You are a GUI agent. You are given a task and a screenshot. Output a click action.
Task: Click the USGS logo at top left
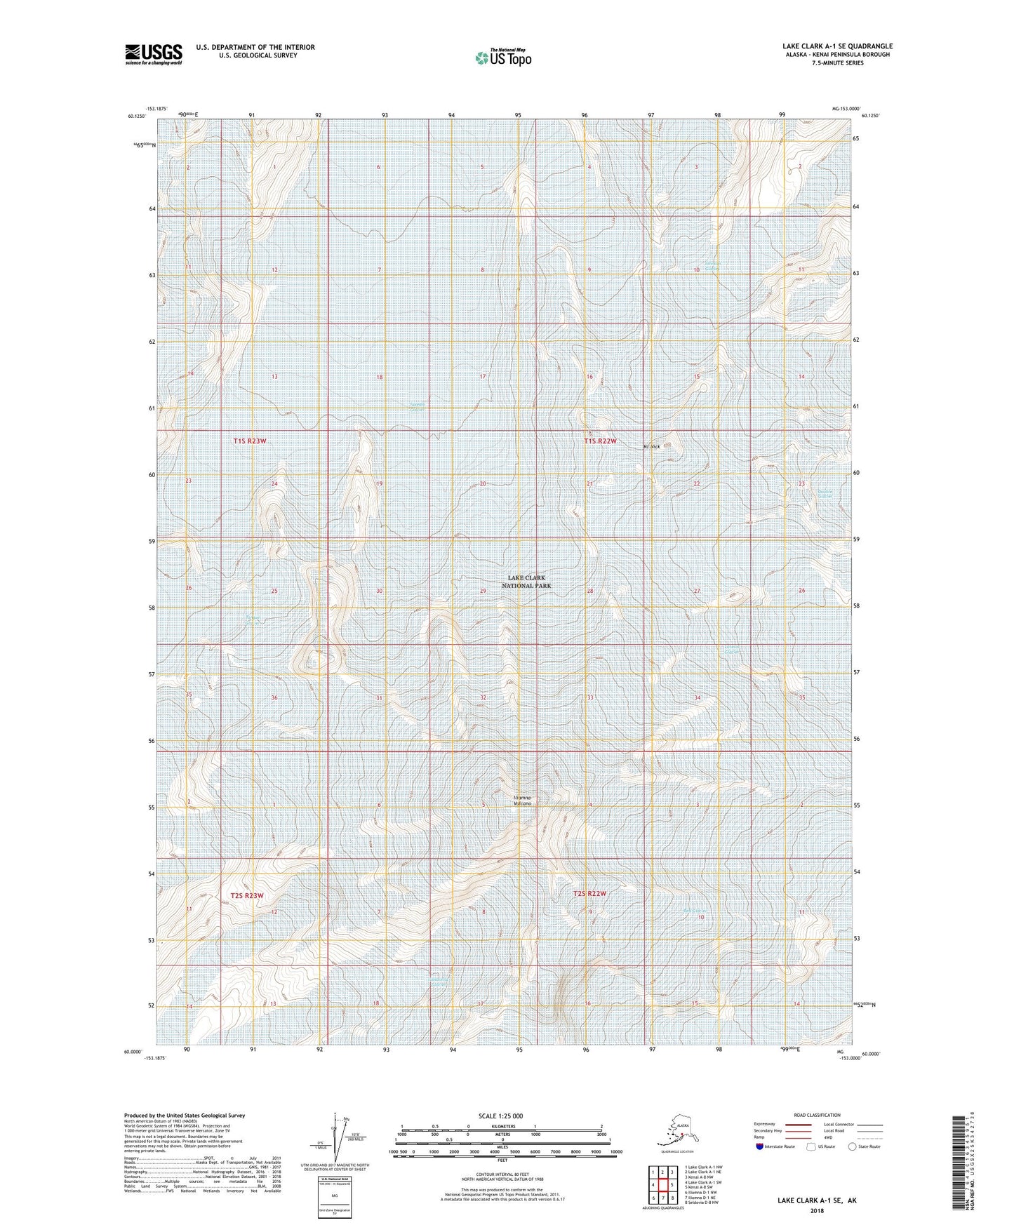tap(154, 54)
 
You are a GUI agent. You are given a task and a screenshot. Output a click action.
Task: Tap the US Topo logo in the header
tap(502, 58)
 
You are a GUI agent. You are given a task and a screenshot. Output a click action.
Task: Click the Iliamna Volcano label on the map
tap(522, 801)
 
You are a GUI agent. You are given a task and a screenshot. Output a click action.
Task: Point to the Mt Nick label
tap(651, 447)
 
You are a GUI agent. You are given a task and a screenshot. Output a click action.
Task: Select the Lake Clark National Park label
tap(526, 582)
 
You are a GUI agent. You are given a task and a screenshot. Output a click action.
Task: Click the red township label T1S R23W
tap(251, 441)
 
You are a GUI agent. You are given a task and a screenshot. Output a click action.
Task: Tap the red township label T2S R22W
tap(588, 894)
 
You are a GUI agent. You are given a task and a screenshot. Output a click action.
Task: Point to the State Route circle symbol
tap(853, 1146)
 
